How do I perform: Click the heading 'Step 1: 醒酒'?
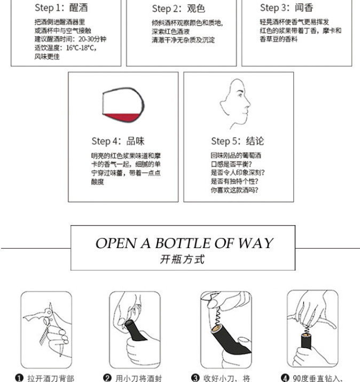tap(61, 7)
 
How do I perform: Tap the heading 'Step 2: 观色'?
tap(178, 9)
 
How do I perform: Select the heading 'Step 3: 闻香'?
tap(287, 7)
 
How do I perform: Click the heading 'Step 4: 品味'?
tap(118, 141)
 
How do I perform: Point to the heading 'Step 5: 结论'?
tap(238, 141)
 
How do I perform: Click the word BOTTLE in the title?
tap(183, 243)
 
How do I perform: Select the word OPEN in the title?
tap(116, 243)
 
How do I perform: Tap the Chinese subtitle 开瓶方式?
tap(182, 259)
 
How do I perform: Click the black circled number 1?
tap(19, 378)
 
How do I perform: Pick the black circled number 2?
tap(107, 378)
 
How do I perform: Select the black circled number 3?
tap(195, 378)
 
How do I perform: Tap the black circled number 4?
tap(285, 378)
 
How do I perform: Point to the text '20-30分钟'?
tap(92, 39)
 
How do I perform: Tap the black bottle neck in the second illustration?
tap(134, 331)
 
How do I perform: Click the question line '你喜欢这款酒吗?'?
tap(234, 190)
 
